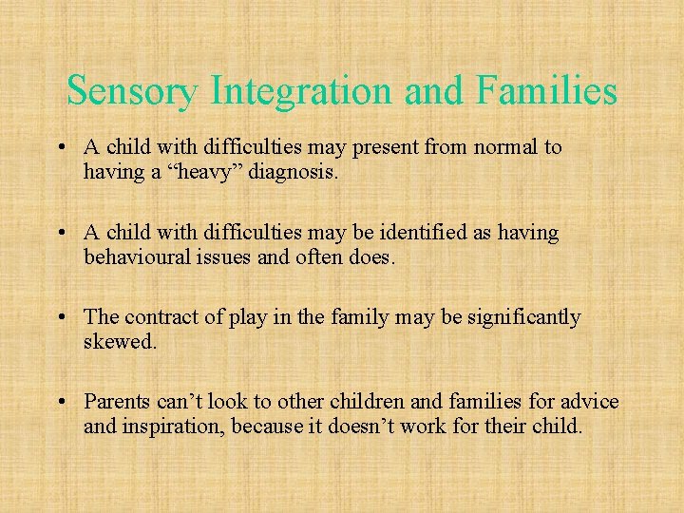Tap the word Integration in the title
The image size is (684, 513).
(303, 91)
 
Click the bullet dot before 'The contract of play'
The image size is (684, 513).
(61, 318)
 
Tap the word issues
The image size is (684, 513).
(223, 256)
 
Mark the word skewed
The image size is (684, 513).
(120, 341)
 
